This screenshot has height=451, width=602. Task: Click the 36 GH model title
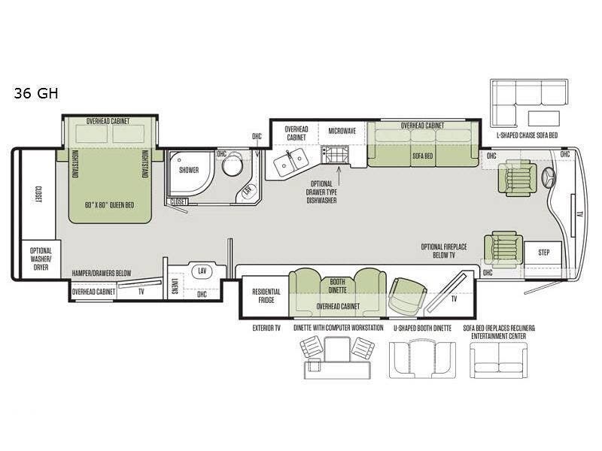point(36,93)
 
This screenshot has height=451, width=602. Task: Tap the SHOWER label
point(189,170)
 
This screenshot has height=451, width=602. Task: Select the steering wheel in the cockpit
point(549,178)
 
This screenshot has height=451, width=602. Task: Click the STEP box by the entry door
point(543,253)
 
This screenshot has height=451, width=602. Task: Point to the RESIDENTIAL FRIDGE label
point(266,295)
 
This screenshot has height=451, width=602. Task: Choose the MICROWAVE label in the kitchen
point(342,131)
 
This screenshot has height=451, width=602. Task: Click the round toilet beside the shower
point(233,164)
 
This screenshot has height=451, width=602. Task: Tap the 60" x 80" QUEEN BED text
point(109,205)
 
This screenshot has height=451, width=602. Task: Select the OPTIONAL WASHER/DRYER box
point(41,259)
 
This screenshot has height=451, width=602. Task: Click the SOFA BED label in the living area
point(423,156)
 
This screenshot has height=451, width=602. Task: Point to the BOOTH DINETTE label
point(337,286)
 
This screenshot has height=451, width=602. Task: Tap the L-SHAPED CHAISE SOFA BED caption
point(527,135)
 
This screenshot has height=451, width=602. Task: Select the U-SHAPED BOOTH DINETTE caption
point(422,328)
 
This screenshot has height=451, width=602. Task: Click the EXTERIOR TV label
point(266,328)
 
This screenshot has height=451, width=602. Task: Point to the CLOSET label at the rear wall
point(38,195)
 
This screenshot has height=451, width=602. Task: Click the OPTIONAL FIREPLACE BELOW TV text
point(444,251)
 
